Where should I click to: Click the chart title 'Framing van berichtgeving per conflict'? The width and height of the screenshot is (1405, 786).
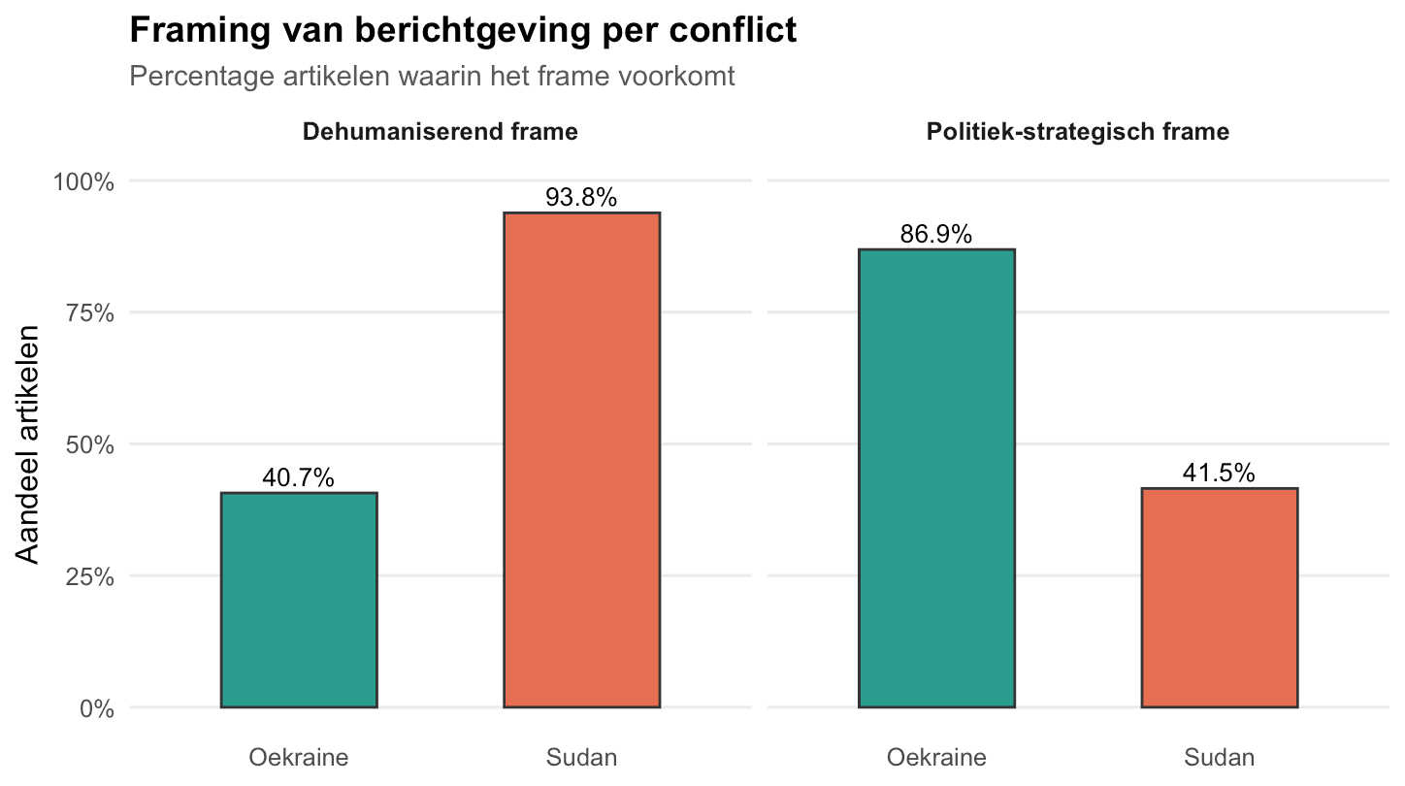tap(463, 31)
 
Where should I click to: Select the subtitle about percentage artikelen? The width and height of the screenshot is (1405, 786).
tap(432, 77)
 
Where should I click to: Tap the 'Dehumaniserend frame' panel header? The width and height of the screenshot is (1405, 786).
tap(441, 132)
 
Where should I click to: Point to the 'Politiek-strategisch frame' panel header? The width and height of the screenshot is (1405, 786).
tap(1078, 132)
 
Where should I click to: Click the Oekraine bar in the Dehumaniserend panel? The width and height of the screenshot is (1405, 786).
tap(299, 601)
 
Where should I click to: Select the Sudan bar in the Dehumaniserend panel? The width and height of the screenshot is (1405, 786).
tap(582, 460)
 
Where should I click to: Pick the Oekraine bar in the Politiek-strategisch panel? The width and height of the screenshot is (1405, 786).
tap(936, 478)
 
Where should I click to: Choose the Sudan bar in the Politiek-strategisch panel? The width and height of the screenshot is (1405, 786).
tap(1220, 598)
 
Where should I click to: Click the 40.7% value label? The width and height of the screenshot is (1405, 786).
tap(299, 477)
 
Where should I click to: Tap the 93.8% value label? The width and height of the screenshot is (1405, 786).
tap(581, 197)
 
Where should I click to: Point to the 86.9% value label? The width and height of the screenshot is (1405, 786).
tap(935, 234)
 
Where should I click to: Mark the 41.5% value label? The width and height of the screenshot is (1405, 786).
tap(1219, 473)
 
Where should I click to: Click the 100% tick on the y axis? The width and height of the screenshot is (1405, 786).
tap(84, 182)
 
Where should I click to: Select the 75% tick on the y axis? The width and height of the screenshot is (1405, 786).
tap(90, 313)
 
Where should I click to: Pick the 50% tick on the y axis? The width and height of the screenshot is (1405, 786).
tap(90, 445)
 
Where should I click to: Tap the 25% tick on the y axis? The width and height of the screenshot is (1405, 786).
tap(90, 576)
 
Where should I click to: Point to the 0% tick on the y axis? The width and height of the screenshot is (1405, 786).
tap(97, 708)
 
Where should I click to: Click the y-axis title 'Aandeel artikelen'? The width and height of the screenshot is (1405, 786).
tap(27, 444)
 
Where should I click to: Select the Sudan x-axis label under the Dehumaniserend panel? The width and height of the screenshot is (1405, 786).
tap(581, 757)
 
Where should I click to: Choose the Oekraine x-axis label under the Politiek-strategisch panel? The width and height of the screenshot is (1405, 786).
tap(936, 757)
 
